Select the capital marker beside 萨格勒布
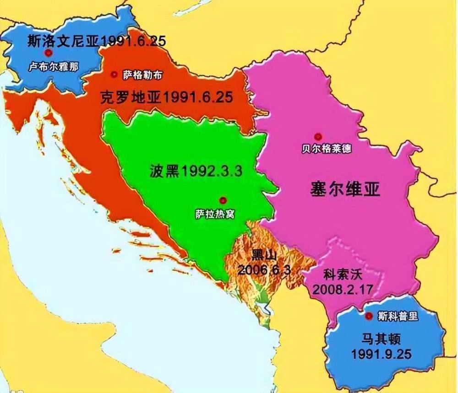[114, 74]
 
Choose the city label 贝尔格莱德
[327, 149]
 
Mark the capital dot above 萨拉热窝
[223, 200]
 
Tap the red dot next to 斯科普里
[369, 316]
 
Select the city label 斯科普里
[398, 316]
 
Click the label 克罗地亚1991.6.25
[166, 97]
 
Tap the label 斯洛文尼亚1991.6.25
[96, 40]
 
